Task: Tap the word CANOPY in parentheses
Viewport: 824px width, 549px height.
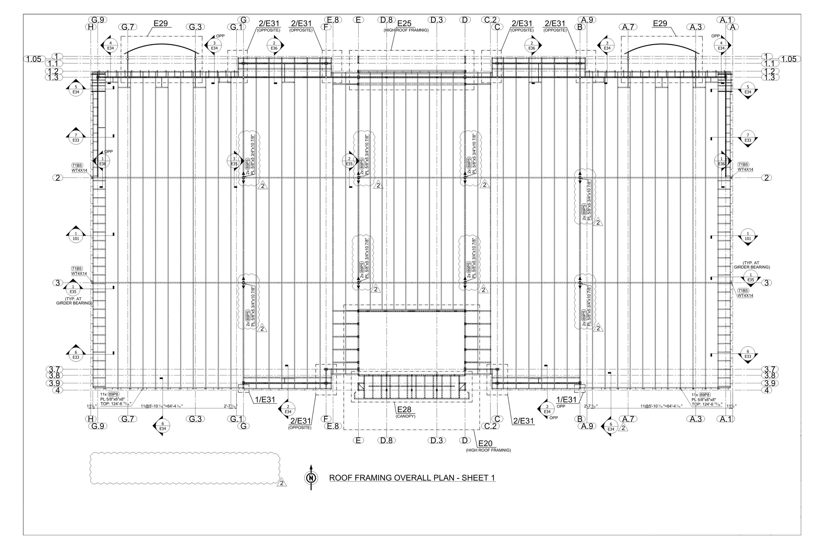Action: tap(405, 416)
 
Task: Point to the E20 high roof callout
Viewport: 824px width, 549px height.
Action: tap(485, 444)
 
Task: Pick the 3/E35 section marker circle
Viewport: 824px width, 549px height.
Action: tap(234, 161)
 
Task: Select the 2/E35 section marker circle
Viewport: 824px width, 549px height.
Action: tap(349, 161)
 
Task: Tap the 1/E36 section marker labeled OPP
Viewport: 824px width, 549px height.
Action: tap(102, 161)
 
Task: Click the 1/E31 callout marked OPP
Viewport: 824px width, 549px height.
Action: tap(567, 399)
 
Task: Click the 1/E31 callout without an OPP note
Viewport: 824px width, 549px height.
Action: tap(265, 399)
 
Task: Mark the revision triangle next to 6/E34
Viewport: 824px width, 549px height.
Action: tap(623, 427)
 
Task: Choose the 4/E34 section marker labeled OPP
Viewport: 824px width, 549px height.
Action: tap(721, 45)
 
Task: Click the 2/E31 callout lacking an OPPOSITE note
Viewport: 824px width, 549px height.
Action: tap(523, 421)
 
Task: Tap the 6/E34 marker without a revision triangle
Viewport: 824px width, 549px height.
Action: tap(162, 426)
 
